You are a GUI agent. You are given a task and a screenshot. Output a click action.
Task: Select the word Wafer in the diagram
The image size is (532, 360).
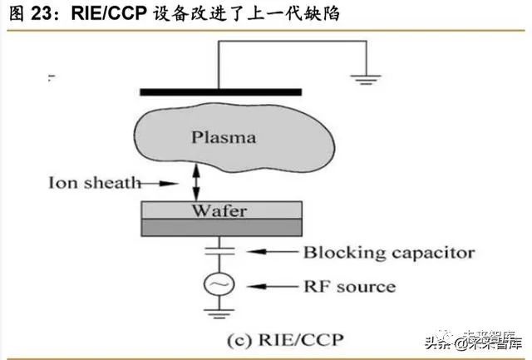219,210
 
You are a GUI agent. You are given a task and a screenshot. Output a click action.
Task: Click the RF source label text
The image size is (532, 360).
349,286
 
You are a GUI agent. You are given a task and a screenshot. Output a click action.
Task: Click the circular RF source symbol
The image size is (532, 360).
221,285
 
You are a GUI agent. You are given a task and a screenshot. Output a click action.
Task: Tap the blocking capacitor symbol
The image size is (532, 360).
221,248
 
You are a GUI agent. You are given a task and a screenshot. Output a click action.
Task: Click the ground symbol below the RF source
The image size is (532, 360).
221,315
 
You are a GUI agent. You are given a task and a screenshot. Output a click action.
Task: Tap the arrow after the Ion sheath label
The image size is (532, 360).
170,183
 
